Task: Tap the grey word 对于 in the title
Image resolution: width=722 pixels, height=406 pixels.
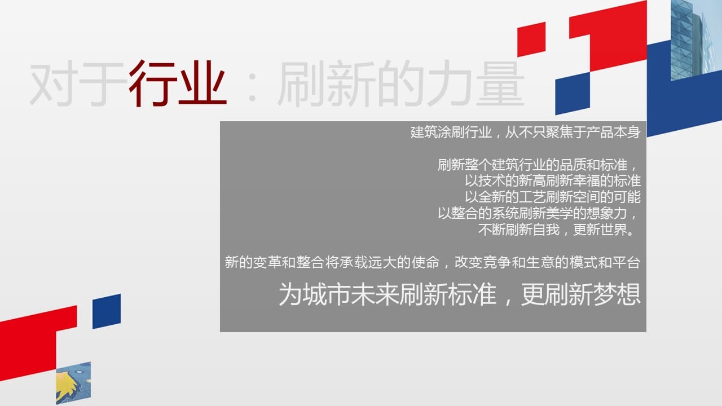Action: coord(77,84)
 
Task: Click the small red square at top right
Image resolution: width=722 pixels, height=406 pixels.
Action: coord(531,39)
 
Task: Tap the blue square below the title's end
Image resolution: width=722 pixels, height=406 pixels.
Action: coord(573,93)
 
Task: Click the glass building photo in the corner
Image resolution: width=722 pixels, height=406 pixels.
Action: coord(696,39)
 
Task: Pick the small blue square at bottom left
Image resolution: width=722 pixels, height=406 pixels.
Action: coord(107,311)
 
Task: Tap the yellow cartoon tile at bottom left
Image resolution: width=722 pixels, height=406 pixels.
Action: coord(73,383)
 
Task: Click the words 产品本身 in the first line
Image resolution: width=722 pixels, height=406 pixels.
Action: coord(613,133)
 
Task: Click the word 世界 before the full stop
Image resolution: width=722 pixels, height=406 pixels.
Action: coord(613,230)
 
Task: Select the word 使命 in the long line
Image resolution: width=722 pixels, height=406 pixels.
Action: coord(425,262)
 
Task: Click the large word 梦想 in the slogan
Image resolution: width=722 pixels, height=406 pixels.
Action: coord(617,294)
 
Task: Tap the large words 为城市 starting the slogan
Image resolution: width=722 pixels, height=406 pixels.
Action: coord(314,294)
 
